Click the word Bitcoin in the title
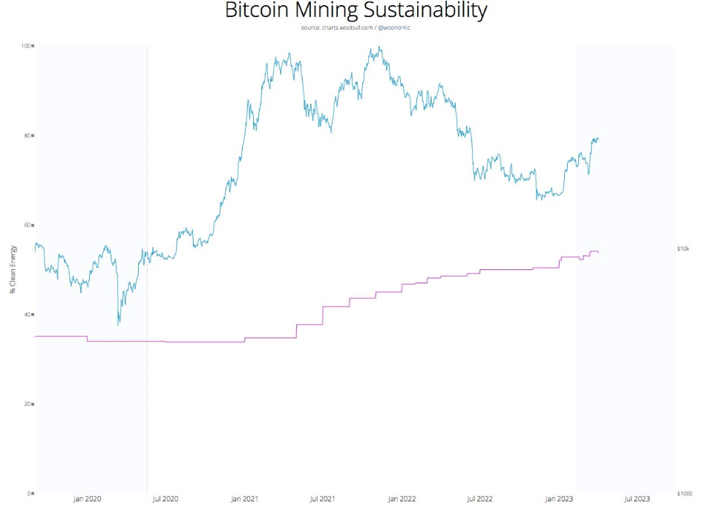tap(258, 11)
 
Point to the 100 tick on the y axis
tap(26, 46)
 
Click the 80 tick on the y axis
tap(27, 136)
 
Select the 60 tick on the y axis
tap(27, 225)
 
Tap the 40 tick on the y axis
tap(27, 315)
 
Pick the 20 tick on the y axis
tap(27, 404)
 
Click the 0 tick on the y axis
tap(29, 493)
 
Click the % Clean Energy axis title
tap(13, 269)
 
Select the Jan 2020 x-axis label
tap(87, 499)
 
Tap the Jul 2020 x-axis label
tap(166, 499)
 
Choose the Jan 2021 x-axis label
tap(244, 499)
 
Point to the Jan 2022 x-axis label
tap(402, 499)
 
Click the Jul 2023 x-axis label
tap(637, 499)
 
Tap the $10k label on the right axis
tap(684, 249)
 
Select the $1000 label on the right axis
tap(685, 493)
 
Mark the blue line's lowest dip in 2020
tap(118, 324)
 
